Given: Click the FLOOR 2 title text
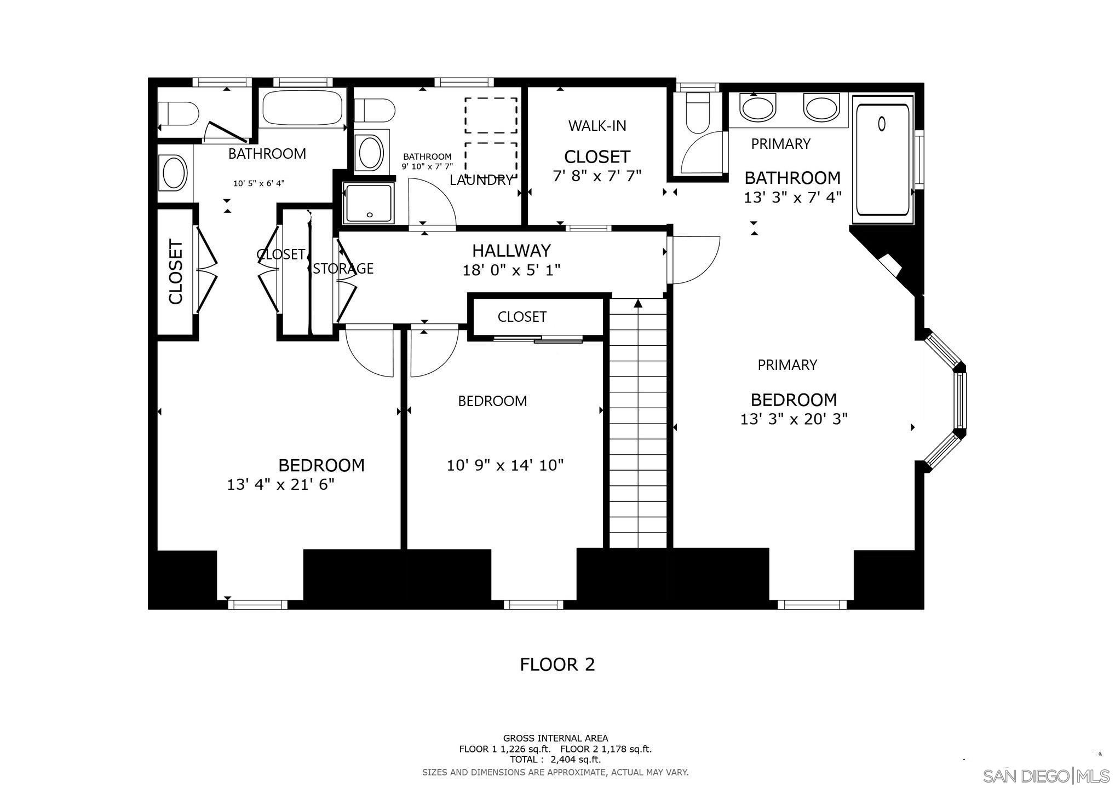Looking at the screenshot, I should pos(557,664).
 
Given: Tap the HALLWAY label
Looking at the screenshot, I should pos(511,251).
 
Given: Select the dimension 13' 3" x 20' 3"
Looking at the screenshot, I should pos(794,419).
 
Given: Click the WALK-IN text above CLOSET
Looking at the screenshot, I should pos(597,126).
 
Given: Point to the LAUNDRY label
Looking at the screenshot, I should pos(481,180).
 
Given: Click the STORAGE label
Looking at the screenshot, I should pos(343,269).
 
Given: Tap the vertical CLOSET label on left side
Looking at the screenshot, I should pos(175,272).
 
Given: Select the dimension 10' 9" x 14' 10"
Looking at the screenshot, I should pos(505,465).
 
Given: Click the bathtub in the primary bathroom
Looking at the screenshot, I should pos(882,160).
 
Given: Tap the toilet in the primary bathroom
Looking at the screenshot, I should pos(697,113).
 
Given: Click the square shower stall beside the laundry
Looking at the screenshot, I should pos(369,203).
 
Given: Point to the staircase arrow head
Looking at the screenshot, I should pos(637,303).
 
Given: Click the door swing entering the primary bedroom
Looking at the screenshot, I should pos(694,260).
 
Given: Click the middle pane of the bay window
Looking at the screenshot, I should pos(960,401).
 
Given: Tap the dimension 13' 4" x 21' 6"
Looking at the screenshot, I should pos(280,485).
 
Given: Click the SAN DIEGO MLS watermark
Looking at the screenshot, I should pos(1045,776).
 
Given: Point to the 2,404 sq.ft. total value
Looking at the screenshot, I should pos(575,760).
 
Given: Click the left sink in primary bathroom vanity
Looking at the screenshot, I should pos(757,107).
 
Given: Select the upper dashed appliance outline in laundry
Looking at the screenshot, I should pos(491,115).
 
